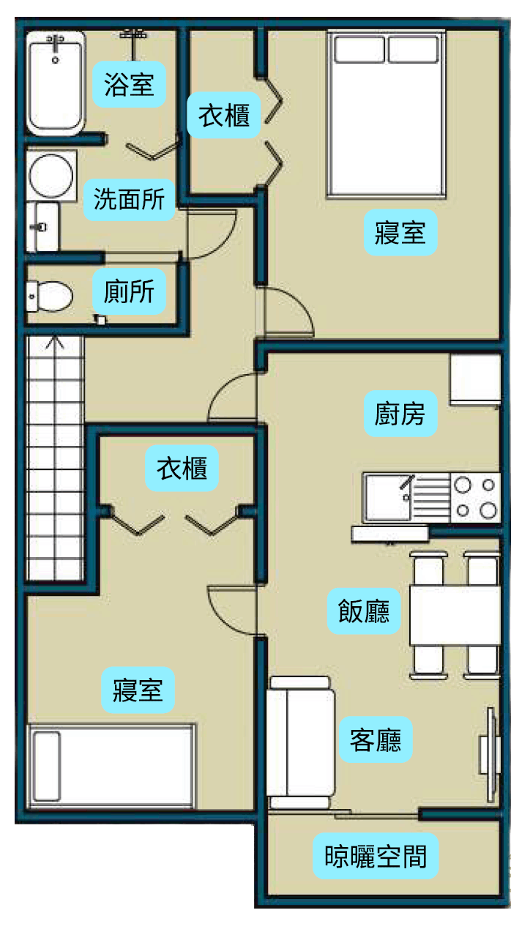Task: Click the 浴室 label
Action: click(129, 84)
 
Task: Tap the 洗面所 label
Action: click(129, 200)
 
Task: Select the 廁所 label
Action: click(129, 291)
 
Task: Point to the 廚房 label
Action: click(400, 414)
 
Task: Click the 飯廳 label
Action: click(364, 611)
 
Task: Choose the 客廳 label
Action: click(376, 739)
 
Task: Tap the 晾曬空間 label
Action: click(376, 857)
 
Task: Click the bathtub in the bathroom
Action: click(56, 83)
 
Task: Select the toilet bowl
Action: click(49, 297)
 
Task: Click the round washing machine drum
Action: click(51, 176)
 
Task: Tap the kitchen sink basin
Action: click(388, 497)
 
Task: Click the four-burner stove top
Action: click(475, 497)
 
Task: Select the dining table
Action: click(455, 616)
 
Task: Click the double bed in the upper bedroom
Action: click(386, 113)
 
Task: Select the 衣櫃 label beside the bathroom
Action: click(224, 115)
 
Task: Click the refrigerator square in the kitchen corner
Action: click(475, 379)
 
